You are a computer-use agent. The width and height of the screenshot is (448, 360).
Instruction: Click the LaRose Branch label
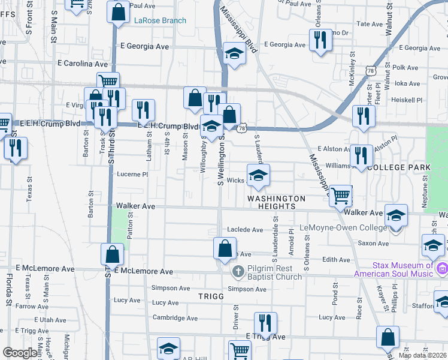click(160, 20)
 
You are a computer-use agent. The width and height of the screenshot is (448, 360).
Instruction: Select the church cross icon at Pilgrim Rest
click(238, 273)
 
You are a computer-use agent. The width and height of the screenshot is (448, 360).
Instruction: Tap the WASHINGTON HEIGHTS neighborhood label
click(277, 202)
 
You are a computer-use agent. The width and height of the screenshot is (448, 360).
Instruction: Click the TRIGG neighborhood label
click(211, 296)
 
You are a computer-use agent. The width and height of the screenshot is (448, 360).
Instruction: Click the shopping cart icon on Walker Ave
click(340, 195)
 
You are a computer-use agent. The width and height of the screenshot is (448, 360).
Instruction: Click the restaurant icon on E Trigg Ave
click(265, 323)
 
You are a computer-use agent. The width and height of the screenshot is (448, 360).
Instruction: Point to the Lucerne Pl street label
click(132, 175)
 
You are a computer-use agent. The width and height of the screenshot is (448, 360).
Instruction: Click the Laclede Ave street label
click(245, 230)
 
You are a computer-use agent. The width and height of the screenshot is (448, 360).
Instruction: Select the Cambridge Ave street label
click(174, 318)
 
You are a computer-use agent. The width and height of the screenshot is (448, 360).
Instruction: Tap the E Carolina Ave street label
click(83, 63)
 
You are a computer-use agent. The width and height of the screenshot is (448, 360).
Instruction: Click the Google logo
click(20, 353)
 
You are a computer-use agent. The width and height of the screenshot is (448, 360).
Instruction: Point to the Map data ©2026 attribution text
click(422, 355)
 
